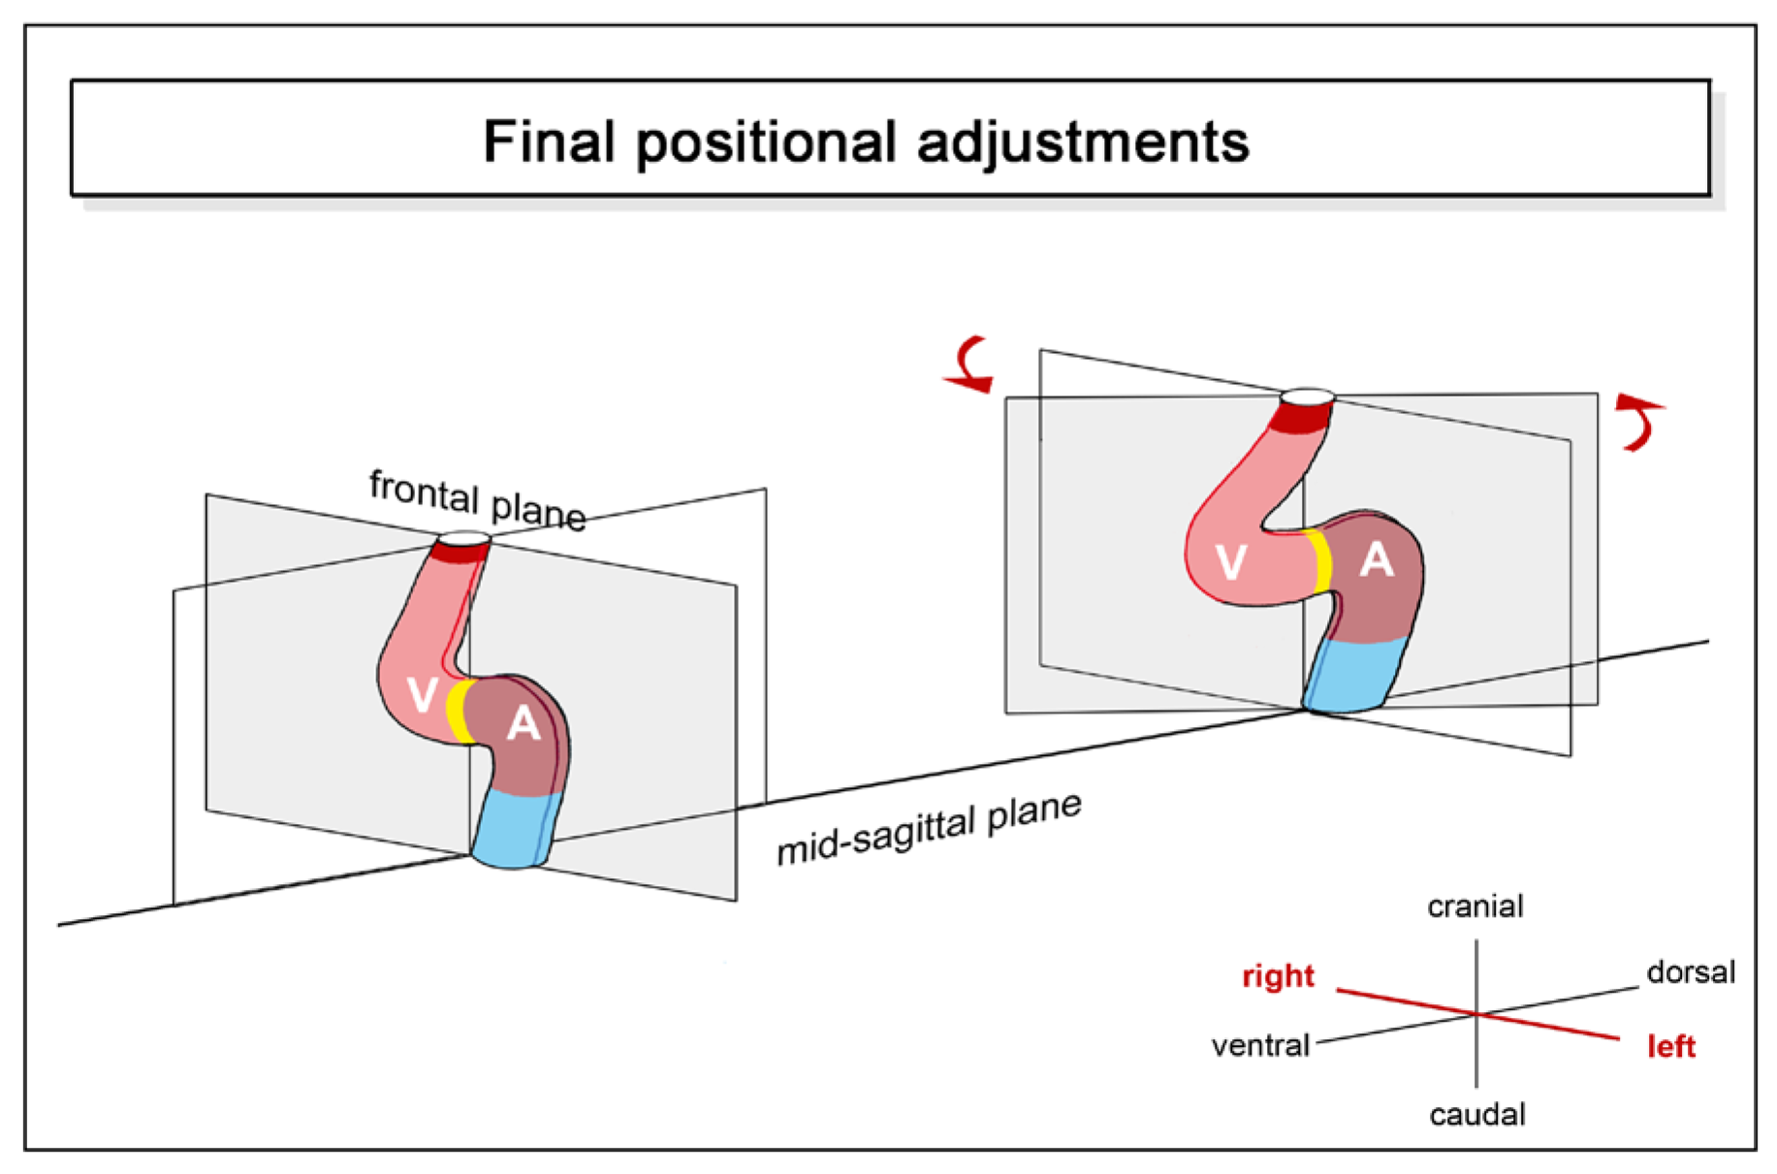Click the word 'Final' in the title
[x=549, y=142]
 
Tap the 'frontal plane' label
[x=477, y=500]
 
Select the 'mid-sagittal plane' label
[x=929, y=828]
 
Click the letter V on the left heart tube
[x=422, y=695]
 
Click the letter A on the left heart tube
[x=524, y=723]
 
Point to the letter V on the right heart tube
[x=1230, y=562]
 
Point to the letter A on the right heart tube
[x=1376, y=560]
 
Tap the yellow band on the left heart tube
[x=458, y=712]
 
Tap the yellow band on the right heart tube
[x=1320, y=562]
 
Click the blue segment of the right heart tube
[x=1355, y=675]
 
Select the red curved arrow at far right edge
[x=1639, y=422]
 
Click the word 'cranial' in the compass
[x=1475, y=907]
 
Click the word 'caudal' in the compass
[x=1476, y=1115]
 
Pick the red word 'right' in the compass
[x=1278, y=976]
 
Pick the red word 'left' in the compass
[x=1670, y=1047]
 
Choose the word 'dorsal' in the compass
[x=1690, y=972]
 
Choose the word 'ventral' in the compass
[x=1260, y=1046]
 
